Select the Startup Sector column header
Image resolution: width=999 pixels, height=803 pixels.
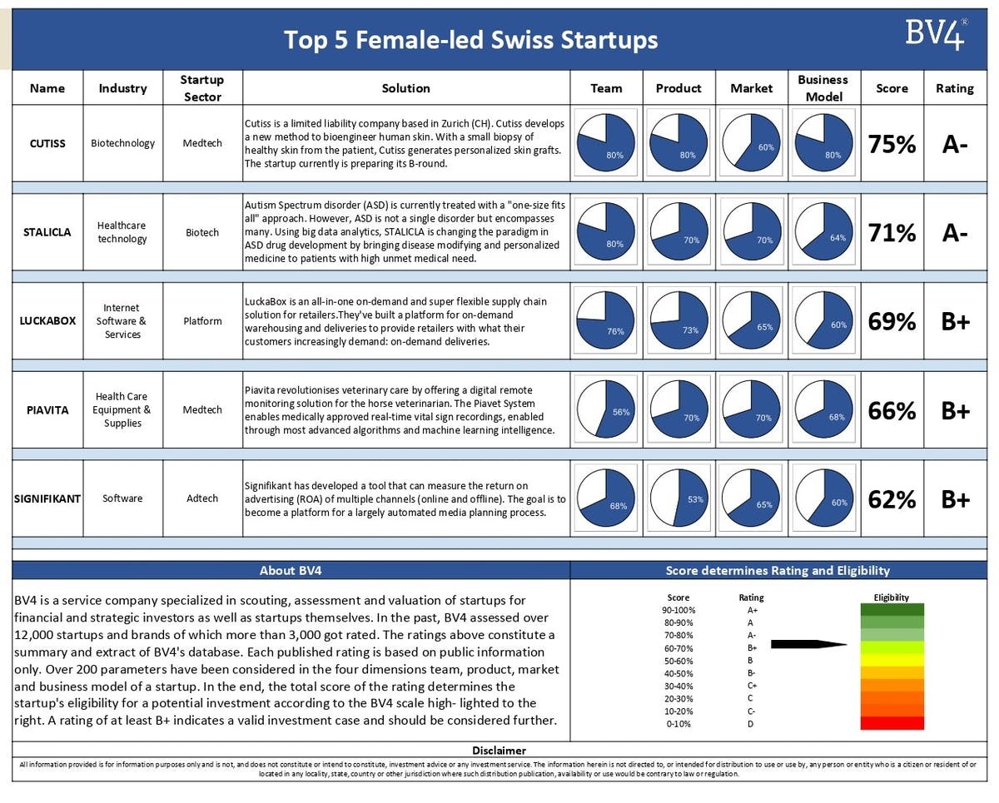(202, 88)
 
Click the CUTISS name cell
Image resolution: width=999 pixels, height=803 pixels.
(48, 143)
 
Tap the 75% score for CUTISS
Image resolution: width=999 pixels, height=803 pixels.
(892, 144)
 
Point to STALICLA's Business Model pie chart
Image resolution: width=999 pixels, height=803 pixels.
(823, 232)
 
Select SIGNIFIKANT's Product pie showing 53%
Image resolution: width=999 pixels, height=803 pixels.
(678, 498)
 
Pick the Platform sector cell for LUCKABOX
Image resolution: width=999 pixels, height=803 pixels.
(202, 321)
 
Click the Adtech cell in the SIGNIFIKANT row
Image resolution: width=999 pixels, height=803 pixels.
(202, 498)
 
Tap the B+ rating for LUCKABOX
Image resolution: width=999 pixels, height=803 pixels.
(955, 321)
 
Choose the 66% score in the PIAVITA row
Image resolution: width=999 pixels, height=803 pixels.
(892, 410)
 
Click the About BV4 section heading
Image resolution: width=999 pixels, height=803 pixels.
(291, 571)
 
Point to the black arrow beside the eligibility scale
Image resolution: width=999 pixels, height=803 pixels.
(808, 644)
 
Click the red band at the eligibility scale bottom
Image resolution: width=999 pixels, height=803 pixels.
(892, 723)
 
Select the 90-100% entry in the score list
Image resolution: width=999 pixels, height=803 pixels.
(678, 610)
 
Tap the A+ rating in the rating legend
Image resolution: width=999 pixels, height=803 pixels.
(753, 610)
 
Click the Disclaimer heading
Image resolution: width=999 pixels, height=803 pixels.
(499, 751)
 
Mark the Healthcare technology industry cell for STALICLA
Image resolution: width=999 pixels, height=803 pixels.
(122, 232)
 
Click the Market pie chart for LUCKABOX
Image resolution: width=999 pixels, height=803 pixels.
(751, 321)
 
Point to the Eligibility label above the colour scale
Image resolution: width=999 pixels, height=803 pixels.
(892, 597)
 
